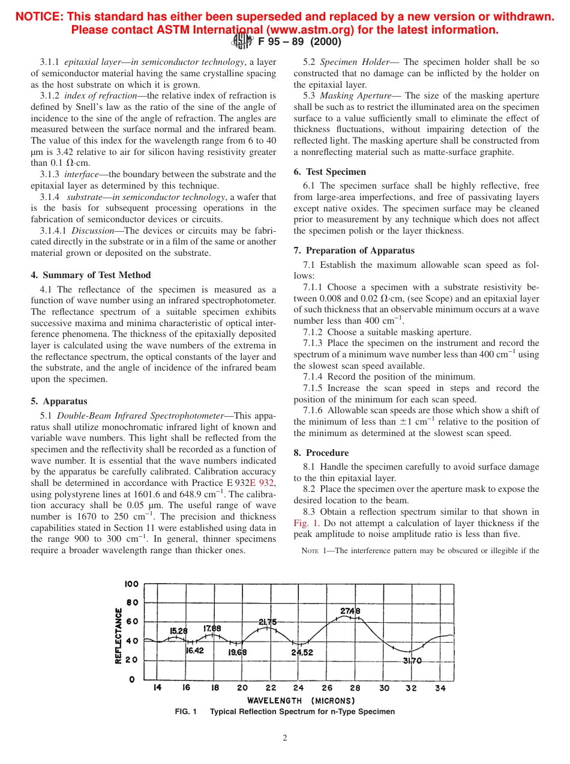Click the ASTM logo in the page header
[242, 41]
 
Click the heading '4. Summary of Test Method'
[91, 275]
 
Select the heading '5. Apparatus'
[59, 401]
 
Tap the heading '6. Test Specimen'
[329, 172]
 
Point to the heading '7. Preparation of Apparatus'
[354, 250]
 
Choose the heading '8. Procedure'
[321, 453]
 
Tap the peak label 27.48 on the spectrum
[350, 611]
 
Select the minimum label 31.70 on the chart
[412, 661]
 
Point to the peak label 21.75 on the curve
[268, 622]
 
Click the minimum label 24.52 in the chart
[302, 652]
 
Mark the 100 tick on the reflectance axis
[131, 584]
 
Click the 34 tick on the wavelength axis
[440, 688]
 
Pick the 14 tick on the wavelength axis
[157, 688]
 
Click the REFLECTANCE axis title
[119, 635]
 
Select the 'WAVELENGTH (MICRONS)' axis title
[301, 700]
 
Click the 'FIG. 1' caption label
[185, 712]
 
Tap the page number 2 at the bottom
[284, 738]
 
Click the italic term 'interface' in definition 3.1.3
[81, 174]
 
